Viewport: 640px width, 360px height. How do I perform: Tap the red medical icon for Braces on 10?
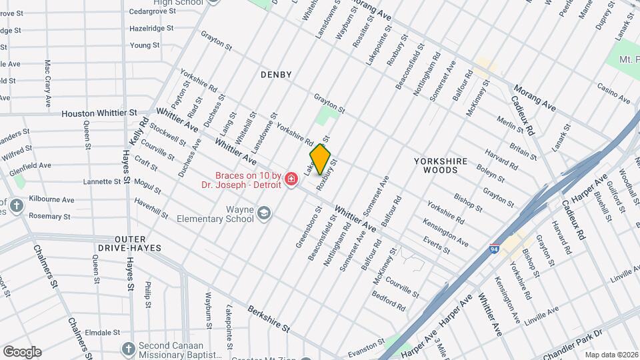291,179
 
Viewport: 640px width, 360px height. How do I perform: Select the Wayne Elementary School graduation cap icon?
264,213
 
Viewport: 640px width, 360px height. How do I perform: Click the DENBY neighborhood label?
276,75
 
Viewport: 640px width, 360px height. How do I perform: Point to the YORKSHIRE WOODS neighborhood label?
436,165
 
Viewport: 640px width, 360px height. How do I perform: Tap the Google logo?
21,352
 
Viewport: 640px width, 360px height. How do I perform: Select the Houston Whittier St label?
99,114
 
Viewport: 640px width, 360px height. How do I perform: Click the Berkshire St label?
268,319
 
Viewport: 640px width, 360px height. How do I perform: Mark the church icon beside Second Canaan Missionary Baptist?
128,349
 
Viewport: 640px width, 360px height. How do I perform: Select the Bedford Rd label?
389,301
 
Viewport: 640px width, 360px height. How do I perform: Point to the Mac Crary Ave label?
48,83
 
